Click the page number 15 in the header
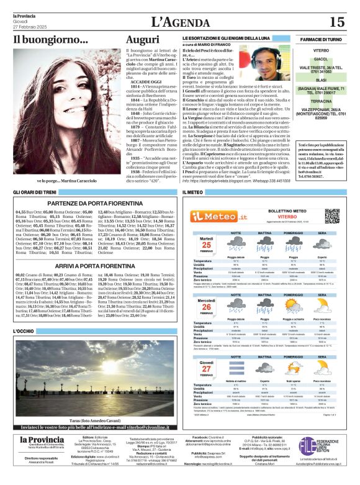pos(336,22)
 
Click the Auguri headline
pos(142,39)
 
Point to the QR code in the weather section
pos(332,215)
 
